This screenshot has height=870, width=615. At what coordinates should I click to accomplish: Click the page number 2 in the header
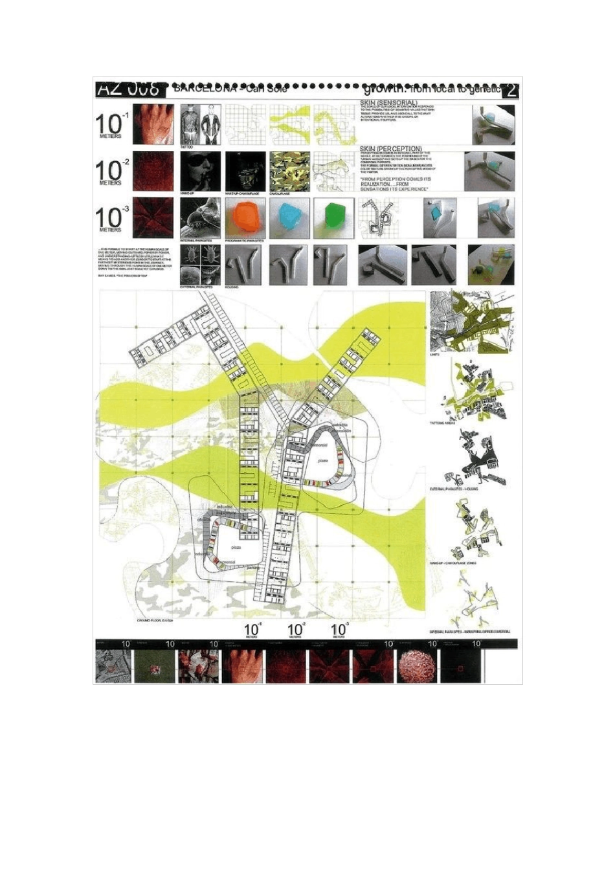tap(511, 90)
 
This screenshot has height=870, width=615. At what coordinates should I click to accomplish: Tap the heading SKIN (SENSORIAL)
tap(388, 102)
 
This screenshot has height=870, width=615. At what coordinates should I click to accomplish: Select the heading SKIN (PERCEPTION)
tap(391, 149)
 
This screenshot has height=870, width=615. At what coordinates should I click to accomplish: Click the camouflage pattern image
tap(289, 170)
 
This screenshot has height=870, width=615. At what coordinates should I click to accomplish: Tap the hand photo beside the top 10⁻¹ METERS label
tap(153, 124)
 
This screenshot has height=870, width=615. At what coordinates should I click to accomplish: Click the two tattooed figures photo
tap(201, 124)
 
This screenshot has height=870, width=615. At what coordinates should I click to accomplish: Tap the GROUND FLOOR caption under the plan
tap(154, 619)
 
